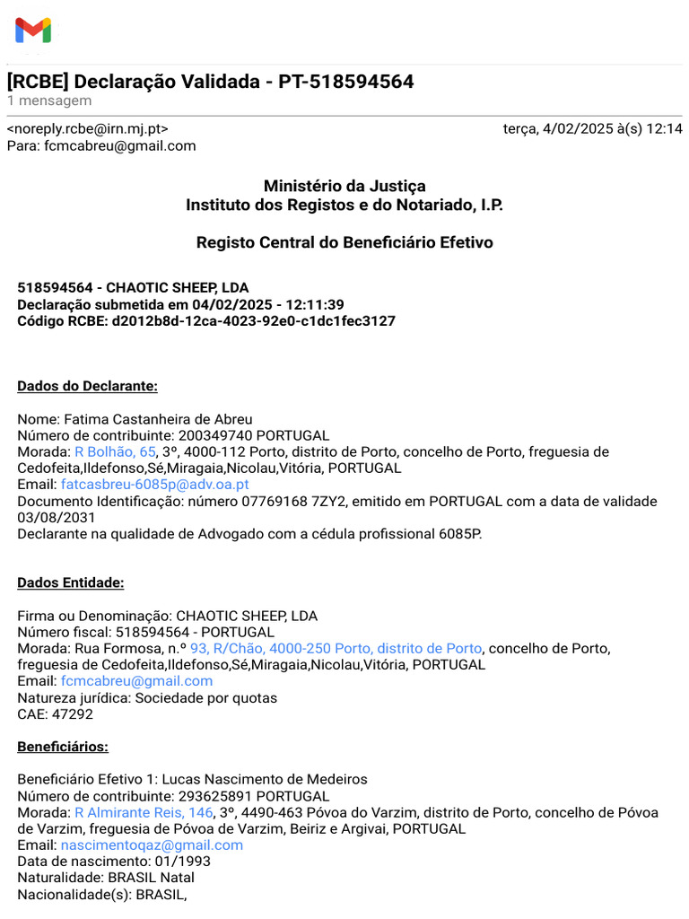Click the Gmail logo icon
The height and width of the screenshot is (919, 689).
pyautogui.click(x=33, y=31)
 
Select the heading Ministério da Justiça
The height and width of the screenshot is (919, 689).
pyautogui.click(x=344, y=186)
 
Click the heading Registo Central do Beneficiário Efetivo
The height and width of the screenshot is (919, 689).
pyautogui.click(x=344, y=242)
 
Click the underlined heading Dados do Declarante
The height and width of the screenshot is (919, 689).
pyautogui.click(x=88, y=386)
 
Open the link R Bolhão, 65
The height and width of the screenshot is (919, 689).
pyautogui.click(x=115, y=451)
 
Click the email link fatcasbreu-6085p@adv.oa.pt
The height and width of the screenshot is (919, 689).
pyautogui.click(x=154, y=484)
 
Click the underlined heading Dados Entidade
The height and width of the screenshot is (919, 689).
pyautogui.click(x=71, y=582)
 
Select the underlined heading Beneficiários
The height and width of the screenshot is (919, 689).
pyautogui.click(x=63, y=746)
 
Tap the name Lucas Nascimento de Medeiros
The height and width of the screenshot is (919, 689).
pyautogui.click(x=265, y=779)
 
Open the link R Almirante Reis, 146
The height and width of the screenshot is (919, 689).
pyautogui.click(x=144, y=812)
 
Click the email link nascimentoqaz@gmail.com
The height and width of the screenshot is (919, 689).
pyautogui.click(x=152, y=845)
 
